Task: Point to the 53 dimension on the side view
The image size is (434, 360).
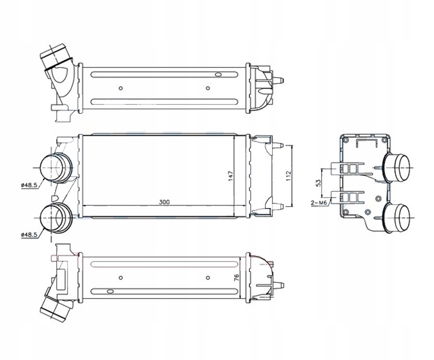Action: coord(319,183)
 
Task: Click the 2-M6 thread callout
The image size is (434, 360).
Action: coord(319,202)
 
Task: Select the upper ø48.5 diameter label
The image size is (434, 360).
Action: coord(28,185)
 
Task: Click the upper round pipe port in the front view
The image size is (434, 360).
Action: coord(56,168)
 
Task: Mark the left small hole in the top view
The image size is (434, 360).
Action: coord(121,88)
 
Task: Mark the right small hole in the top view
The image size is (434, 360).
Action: coord(207,88)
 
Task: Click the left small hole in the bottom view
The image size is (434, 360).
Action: coord(121,277)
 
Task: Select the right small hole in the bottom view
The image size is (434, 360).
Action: coord(207,277)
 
